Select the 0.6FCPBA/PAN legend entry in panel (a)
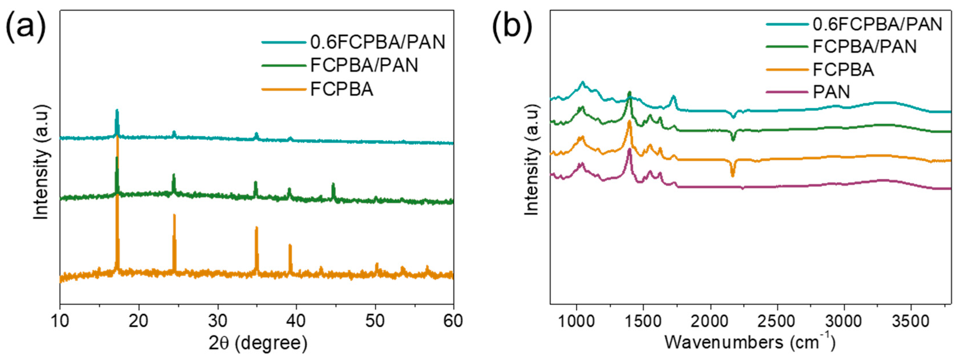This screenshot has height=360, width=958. point(377,42)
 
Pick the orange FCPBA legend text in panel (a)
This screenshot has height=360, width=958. point(341,89)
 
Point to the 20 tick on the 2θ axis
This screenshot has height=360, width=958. point(139,321)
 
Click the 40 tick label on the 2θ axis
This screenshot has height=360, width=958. point(296,321)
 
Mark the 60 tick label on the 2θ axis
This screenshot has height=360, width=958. point(453,321)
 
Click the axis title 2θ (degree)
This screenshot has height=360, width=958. point(258,343)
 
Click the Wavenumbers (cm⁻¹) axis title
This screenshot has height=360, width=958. point(749,342)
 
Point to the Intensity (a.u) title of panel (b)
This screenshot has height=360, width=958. point(532,160)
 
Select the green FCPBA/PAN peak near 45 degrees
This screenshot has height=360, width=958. point(333,184)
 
